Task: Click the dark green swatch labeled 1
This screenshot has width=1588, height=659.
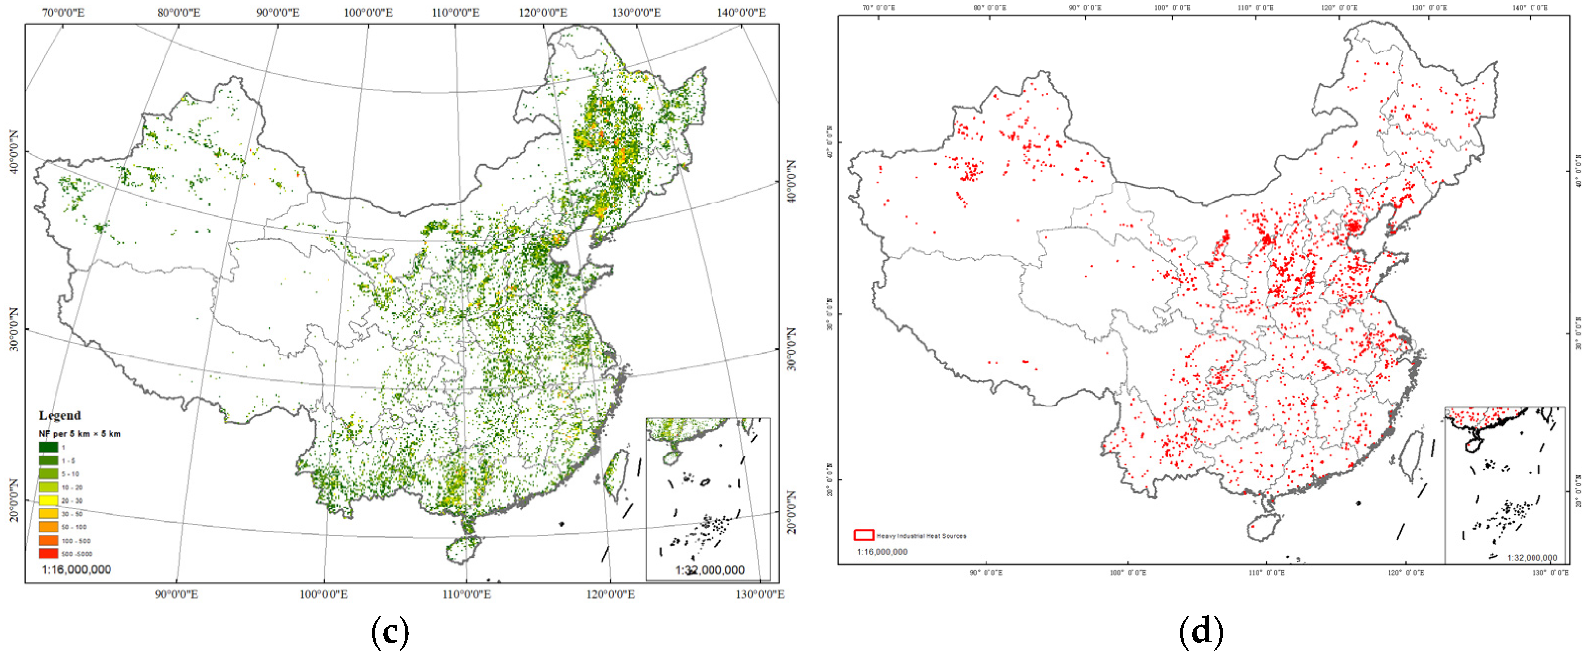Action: (48, 447)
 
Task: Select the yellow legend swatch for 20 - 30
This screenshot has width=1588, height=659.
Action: (48, 500)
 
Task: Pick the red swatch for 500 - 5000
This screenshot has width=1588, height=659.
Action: (48, 553)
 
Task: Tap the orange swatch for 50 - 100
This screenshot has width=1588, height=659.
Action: (48, 527)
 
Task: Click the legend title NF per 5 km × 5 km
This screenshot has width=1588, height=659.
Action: (79, 434)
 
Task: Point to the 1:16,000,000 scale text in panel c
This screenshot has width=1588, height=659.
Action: (76, 570)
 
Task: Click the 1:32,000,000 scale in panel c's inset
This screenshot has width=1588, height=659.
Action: (710, 570)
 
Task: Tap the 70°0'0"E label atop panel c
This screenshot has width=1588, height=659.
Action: (63, 12)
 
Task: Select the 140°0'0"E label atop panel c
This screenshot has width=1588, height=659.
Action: (741, 12)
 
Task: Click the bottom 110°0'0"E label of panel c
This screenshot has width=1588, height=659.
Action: (467, 594)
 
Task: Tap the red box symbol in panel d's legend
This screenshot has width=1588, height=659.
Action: (863, 535)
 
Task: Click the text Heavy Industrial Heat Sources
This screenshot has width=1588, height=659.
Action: (922, 536)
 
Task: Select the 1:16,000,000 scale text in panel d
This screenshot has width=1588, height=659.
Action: (881, 552)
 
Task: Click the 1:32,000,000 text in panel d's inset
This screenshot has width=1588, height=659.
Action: (1532, 558)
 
